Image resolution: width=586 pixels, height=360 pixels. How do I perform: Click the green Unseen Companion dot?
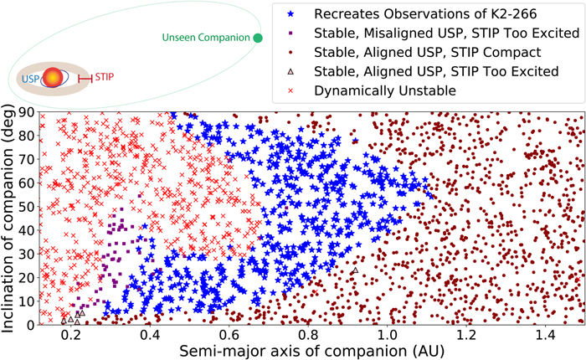[x=258, y=38]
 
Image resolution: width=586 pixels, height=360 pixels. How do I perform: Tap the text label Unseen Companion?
[x=206, y=38]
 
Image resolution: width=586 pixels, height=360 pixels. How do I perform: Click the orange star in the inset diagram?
[x=53, y=78]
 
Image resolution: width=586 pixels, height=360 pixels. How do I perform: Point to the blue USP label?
[x=30, y=79]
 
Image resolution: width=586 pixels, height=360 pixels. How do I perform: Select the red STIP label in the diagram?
[x=105, y=77]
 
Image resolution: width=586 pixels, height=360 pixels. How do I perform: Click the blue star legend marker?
[x=290, y=14]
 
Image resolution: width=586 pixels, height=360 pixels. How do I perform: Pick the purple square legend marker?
[x=290, y=33]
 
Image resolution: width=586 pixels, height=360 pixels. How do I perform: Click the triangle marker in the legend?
[x=290, y=71]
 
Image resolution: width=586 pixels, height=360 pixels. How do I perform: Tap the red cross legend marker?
[x=290, y=91]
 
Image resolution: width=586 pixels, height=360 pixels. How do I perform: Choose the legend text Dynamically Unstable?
[x=385, y=91]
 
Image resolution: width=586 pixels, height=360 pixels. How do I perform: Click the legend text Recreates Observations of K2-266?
[x=425, y=14]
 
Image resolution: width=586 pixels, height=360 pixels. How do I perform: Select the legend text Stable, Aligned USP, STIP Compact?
[x=428, y=53]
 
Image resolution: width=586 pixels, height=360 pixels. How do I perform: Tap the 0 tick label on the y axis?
[x=29, y=325]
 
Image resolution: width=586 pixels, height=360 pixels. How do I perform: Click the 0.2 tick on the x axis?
[x=70, y=325]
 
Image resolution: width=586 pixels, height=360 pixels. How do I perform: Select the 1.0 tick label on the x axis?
[x=387, y=336]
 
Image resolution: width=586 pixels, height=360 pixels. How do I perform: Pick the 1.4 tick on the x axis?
[x=545, y=325]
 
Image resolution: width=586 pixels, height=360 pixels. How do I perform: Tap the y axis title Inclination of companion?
[x=8, y=219]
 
